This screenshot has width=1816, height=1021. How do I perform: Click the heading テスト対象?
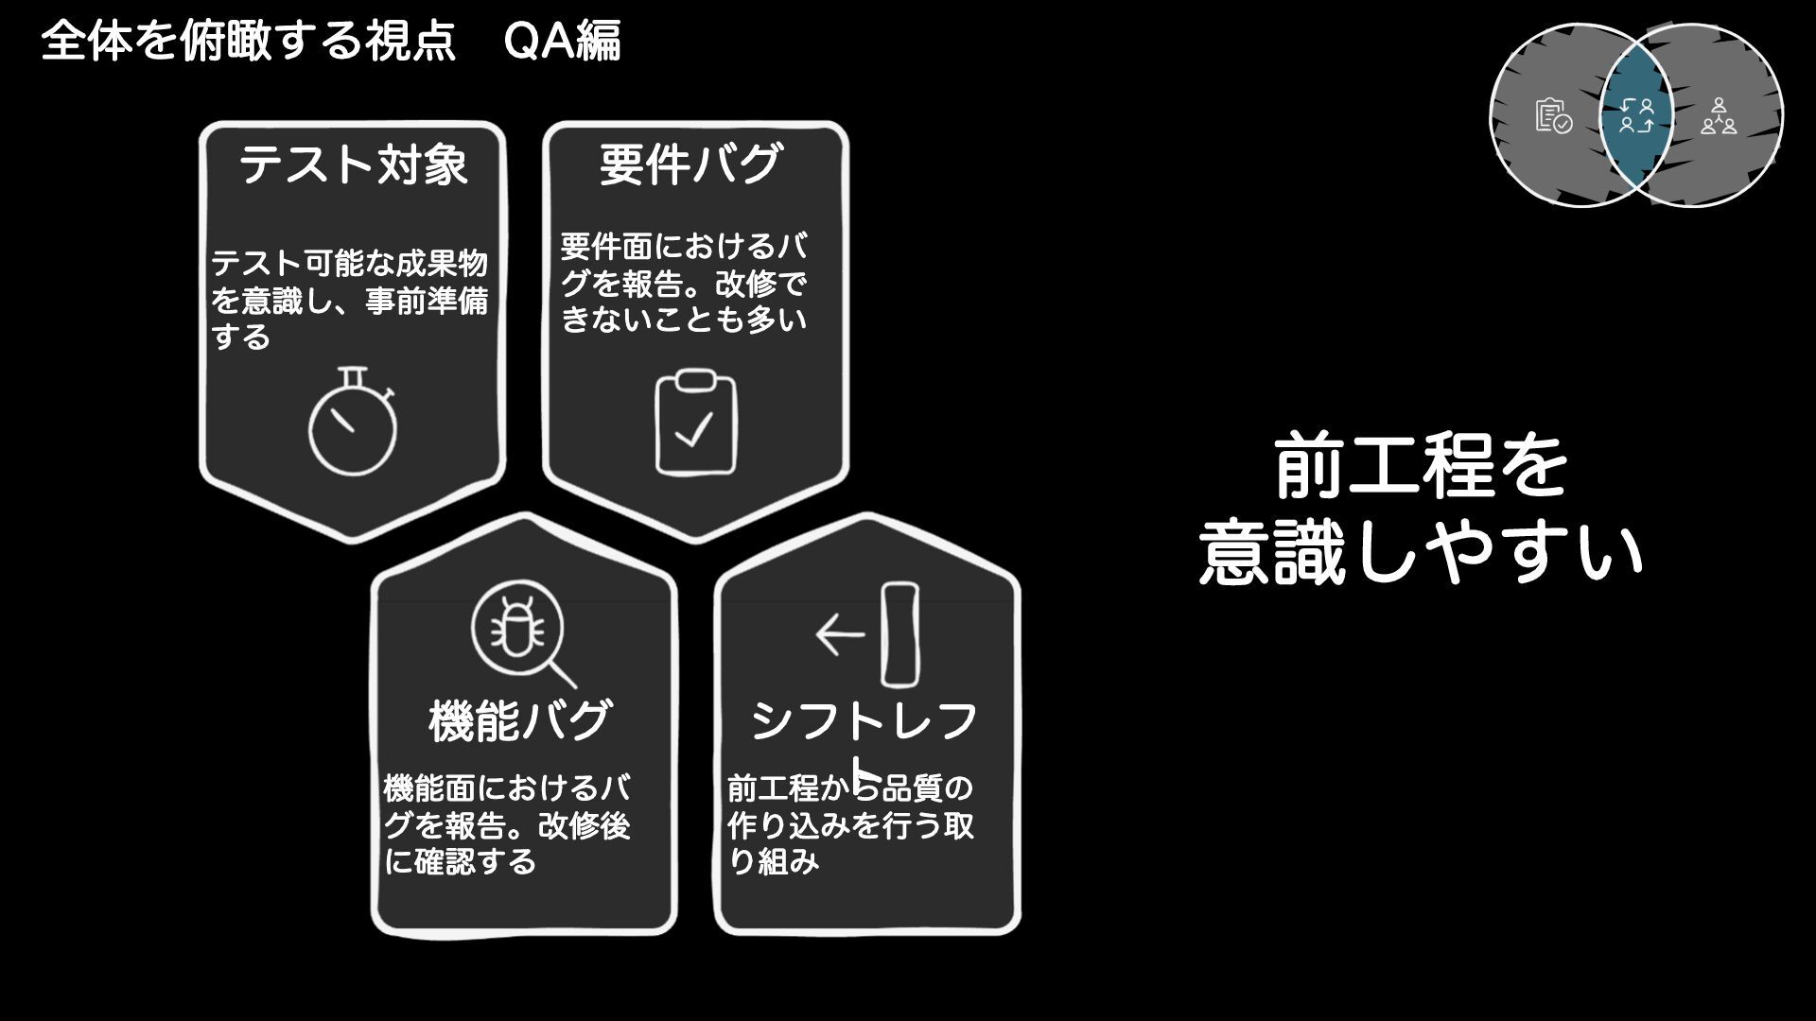353,164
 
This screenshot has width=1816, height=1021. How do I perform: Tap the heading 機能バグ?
520,720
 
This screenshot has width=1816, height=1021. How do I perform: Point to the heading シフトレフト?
864,722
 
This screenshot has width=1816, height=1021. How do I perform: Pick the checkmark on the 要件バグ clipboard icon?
694,432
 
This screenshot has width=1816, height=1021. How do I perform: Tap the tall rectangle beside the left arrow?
899,633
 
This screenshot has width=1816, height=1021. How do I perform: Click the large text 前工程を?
1421,467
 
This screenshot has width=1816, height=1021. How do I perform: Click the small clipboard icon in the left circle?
1552,116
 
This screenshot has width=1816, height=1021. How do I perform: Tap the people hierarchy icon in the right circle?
1718,116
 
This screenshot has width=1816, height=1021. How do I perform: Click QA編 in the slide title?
562,42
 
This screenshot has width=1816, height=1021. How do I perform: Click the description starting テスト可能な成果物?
348,300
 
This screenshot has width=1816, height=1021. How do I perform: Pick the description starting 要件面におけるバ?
684,283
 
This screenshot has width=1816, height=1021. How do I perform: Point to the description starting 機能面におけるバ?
507,824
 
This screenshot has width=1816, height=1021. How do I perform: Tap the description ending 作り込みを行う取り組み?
849,824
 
